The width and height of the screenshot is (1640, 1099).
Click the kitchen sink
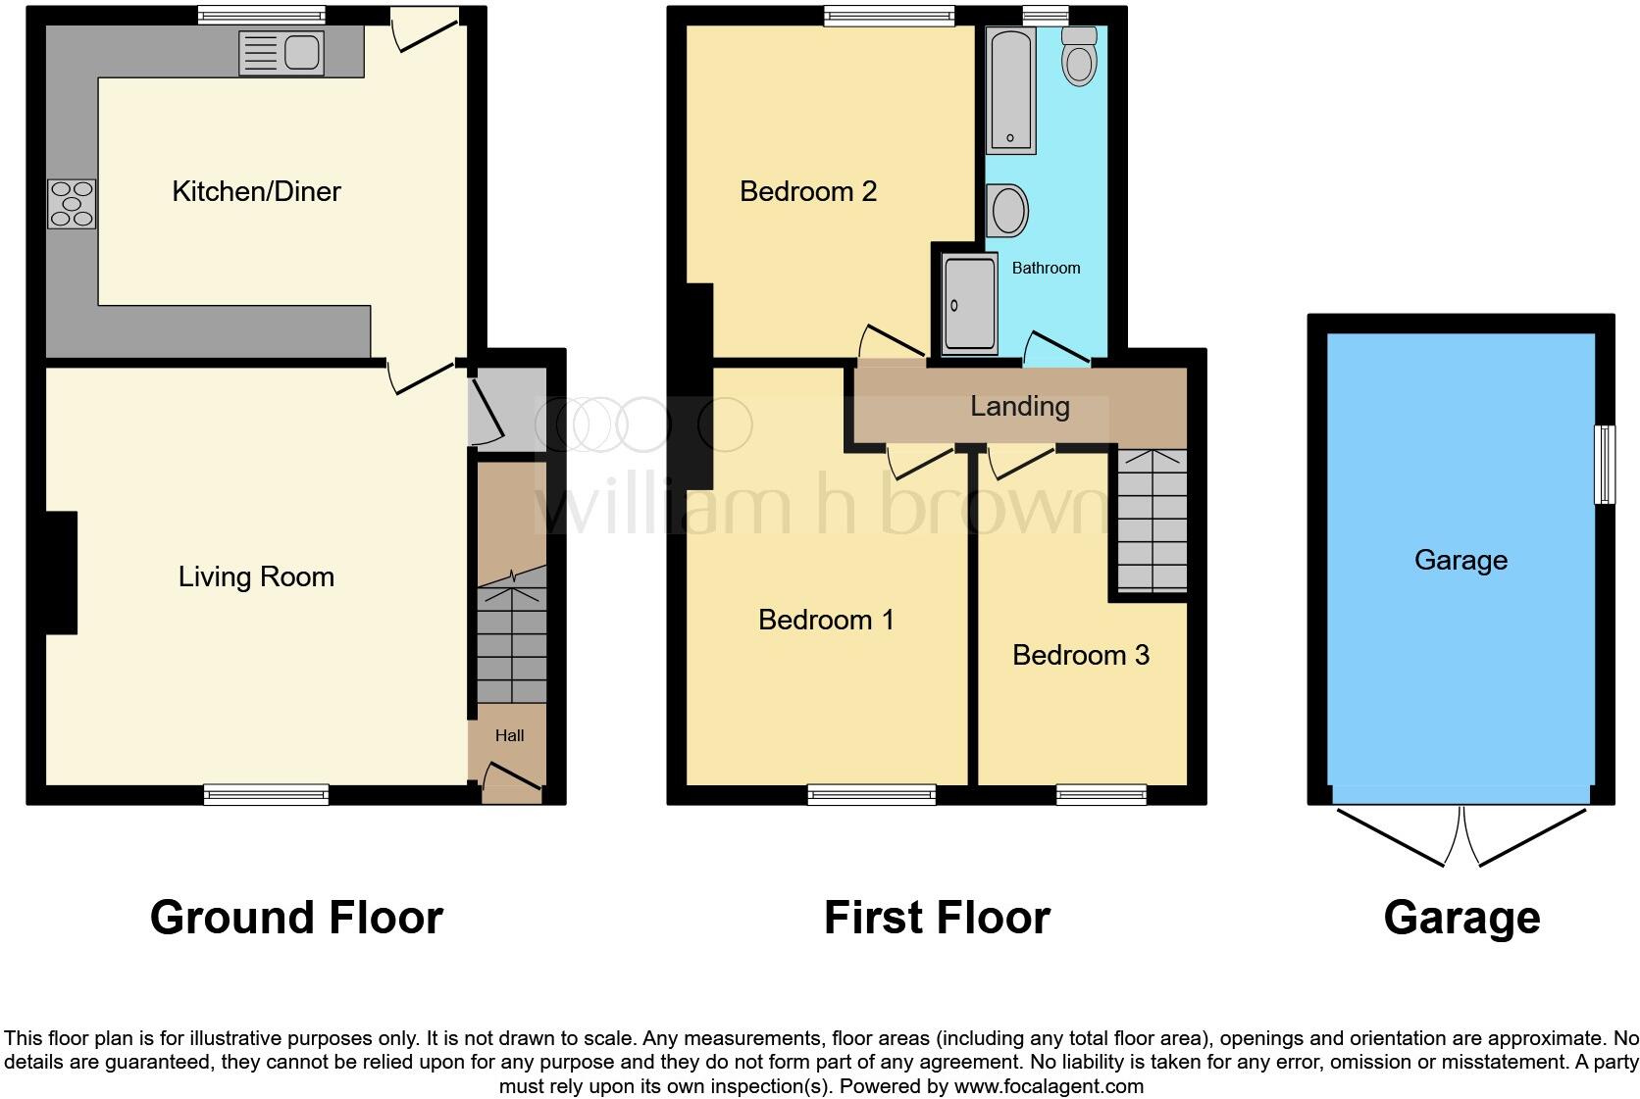(x=281, y=53)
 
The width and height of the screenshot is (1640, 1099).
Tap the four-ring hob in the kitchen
(x=72, y=204)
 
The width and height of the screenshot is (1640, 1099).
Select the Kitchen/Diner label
(x=256, y=191)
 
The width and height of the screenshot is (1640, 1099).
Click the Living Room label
(x=256, y=576)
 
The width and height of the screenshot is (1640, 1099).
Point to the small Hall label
(x=509, y=735)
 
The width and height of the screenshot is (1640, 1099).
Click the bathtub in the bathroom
(x=1010, y=90)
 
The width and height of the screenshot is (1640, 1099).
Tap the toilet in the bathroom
(x=1079, y=56)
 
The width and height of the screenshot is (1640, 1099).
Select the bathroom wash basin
(x=1007, y=210)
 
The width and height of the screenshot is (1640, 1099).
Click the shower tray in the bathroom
(x=969, y=304)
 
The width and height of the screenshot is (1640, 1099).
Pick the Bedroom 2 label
(x=807, y=191)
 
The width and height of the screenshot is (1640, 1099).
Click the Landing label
(x=1019, y=406)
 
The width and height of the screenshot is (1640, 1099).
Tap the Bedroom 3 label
(x=1080, y=655)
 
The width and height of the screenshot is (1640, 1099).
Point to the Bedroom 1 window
(x=872, y=794)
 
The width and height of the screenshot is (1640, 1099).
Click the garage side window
(x=1605, y=465)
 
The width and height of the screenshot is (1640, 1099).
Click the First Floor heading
(x=936, y=919)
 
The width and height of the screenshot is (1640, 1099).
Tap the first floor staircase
(x=1152, y=520)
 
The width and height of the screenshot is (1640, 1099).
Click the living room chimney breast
(x=61, y=573)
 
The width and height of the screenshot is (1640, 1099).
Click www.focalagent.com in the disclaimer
(x=1049, y=1086)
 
